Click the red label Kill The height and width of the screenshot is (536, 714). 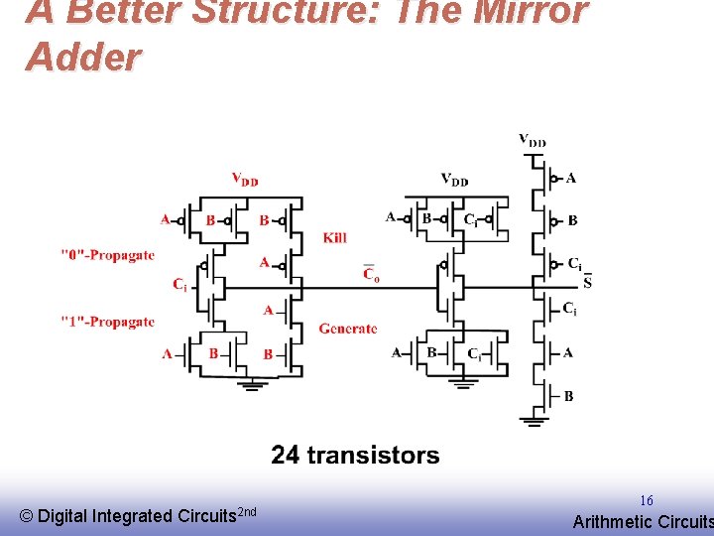click(x=335, y=238)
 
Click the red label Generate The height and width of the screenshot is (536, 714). click(x=348, y=329)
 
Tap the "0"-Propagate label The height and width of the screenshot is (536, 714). click(x=107, y=255)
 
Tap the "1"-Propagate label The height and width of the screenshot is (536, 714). click(x=107, y=322)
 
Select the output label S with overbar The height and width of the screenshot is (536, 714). click(x=587, y=283)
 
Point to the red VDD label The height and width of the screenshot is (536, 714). click(x=245, y=180)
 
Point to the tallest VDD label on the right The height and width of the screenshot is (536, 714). click(x=533, y=140)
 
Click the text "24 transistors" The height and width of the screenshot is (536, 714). click(x=355, y=456)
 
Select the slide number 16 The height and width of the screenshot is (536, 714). click(x=646, y=501)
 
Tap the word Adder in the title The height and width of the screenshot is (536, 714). click(x=83, y=58)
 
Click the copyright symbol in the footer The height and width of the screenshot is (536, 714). click(x=27, y=516)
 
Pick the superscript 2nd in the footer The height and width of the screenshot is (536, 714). click(x=248, y=511)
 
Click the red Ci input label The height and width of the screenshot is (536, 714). click(x=179, y=285)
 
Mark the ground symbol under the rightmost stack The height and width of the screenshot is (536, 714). click(x=535, y=421)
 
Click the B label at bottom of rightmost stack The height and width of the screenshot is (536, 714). click(x=568, y=396)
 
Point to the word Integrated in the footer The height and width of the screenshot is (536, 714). click(x=132, y=516)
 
